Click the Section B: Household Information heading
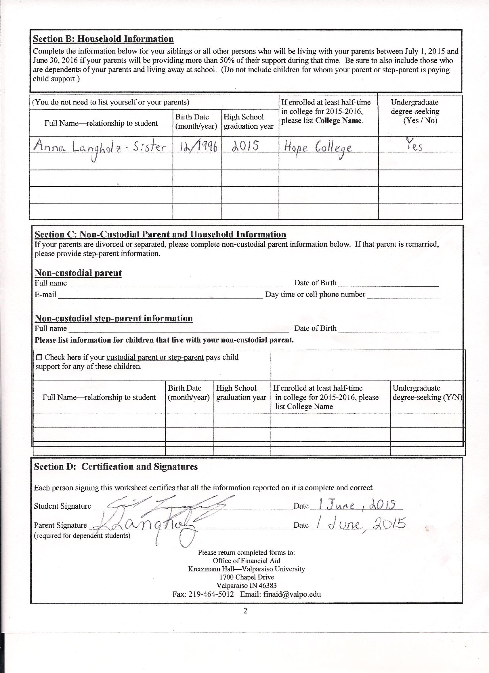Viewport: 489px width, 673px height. pyautogui.click(x=103, y=39)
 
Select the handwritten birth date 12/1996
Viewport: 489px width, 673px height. pyautogui.click(x=197, y=145)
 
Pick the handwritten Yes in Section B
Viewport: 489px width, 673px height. pyautogui.click(x=414, y=145)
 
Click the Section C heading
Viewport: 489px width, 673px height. pyautogui.click(x=160, y=234)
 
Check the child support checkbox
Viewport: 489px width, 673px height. pyautogui.click(x=39, y=357)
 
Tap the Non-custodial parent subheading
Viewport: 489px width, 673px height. pyautogui.click(x=78, y=273)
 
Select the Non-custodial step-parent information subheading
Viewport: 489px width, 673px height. pyautogui.click(x=114, y=318)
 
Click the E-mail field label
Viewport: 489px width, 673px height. pyautogui.click(x=45, y=295)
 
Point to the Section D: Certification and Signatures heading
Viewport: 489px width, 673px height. pyautogui.click(x=116, y=467)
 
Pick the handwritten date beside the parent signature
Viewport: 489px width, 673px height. pyautogui.click(x=360, y=525)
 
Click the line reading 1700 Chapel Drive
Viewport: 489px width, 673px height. pyautogui.click(x=247, y=577)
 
